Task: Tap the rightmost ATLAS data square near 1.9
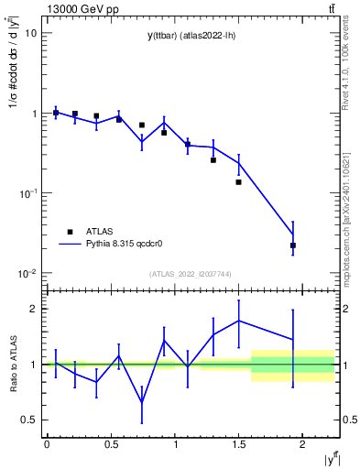click(293, 245)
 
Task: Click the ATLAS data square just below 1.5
click(238, 182)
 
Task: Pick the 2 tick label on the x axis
click(302, 444)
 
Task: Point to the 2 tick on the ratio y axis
click(33, 309)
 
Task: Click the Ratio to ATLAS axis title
click(12, 364)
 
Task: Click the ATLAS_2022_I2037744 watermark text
click(191, 274)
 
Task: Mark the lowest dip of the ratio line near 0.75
click(142, 402)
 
